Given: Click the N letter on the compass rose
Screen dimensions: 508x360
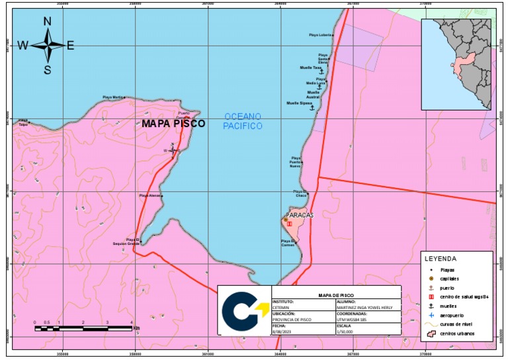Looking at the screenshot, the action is tap(48, 22).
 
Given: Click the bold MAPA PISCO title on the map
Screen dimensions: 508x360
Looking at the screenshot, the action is tap(173, 124).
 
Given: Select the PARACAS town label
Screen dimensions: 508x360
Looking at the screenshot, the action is tap(300, 215).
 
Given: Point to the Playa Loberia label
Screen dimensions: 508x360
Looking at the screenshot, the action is tap(321, 35).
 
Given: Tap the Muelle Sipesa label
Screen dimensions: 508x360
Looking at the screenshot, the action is tap(299, 103).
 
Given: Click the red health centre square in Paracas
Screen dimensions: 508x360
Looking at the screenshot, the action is tap(289, 224).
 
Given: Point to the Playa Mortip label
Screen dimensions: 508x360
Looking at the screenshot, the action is tap(113, 97).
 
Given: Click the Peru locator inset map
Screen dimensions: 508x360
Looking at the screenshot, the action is tap(458, 64).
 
